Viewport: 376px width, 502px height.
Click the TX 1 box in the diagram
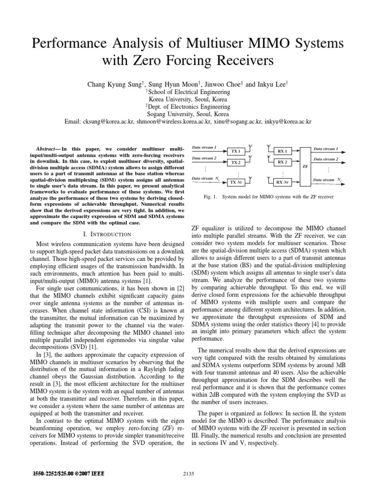[x=235, y=151]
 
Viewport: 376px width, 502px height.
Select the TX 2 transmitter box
[x=235, y=162]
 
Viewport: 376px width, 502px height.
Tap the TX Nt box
[x=235, y=182]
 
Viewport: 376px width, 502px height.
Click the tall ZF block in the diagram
[x=305, y=166]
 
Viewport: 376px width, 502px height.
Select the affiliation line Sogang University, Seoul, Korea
[x=188, y=113]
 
